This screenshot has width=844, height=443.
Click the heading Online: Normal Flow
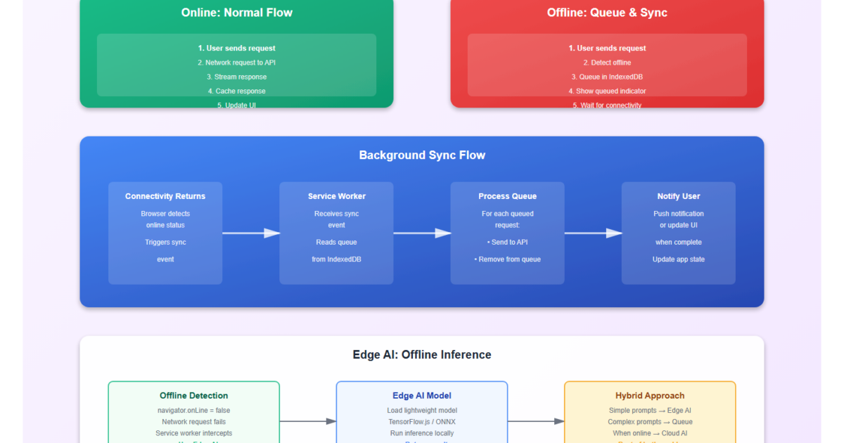pos(236,13)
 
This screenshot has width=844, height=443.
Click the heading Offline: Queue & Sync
pos(607,13)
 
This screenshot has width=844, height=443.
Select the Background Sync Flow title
pos(422,155)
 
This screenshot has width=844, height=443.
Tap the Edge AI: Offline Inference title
pos(422,355)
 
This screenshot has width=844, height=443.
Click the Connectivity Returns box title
pos(165,196)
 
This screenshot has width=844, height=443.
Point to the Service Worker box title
pos(337,196)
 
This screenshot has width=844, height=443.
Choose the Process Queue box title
pos(507,196)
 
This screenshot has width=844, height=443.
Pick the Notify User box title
pos(679,196)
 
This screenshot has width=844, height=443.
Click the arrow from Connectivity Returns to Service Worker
pos(251,233)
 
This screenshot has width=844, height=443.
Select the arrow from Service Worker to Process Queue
pos(422,233)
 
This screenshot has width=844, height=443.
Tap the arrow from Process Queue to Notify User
pos(593,233)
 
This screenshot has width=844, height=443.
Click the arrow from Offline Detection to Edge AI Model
pos(308,421)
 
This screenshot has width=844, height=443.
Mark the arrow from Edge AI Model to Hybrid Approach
pos(536,421)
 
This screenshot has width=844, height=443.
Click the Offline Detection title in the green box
pos(194,396)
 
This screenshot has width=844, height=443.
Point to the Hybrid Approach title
pos(650,396)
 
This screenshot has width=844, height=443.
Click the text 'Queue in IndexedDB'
pos(607,77)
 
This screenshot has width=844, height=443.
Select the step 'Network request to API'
pos(236,63)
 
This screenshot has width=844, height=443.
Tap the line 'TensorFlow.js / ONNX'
pos(422,422)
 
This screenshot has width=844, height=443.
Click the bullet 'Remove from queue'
pos(507,259)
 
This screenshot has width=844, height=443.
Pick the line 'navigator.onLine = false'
pos(194,411)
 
